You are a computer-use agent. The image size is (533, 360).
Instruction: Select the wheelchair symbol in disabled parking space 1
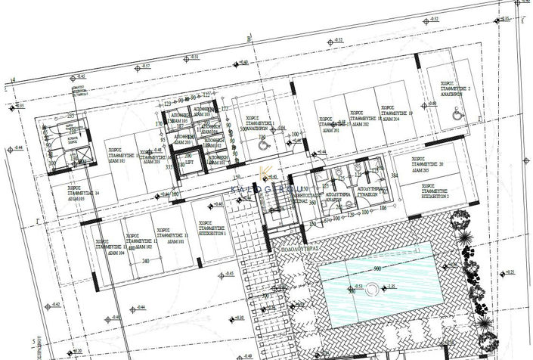point(263,138)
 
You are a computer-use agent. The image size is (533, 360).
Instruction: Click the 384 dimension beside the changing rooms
point(394,175)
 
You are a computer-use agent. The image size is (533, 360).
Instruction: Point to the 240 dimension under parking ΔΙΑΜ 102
point(146,262)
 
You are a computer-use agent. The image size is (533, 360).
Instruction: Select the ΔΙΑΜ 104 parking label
point(107,253)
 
